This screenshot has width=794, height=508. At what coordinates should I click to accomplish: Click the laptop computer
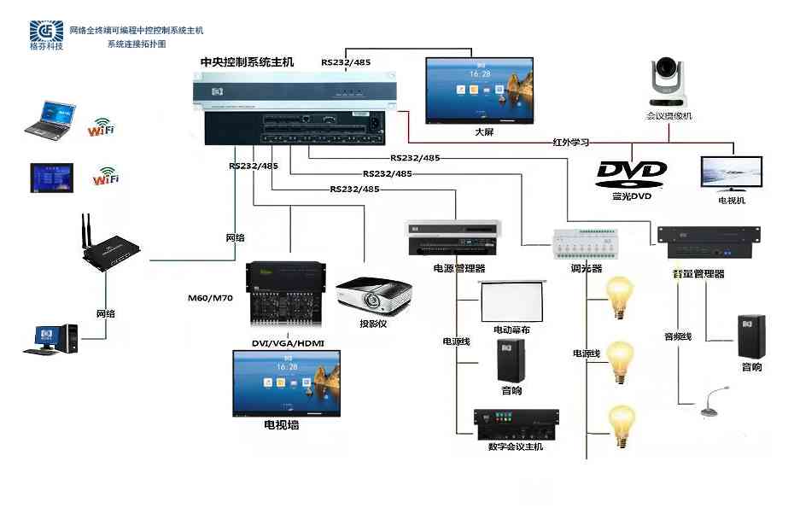[50, 120]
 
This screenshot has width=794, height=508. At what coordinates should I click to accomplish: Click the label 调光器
[587, 267]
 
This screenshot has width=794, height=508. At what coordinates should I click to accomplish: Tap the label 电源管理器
[458, 268]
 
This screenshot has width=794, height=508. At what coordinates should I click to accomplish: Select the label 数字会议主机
[516, 447]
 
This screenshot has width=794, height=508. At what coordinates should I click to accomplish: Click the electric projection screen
[511, 301]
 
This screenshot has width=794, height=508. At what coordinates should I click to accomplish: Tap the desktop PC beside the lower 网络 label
[55, 338]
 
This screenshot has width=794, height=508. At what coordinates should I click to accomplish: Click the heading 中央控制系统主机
[246, 62]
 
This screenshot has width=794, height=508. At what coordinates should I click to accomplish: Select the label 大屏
[484, 132]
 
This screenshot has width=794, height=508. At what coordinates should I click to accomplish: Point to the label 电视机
[731, 200]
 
